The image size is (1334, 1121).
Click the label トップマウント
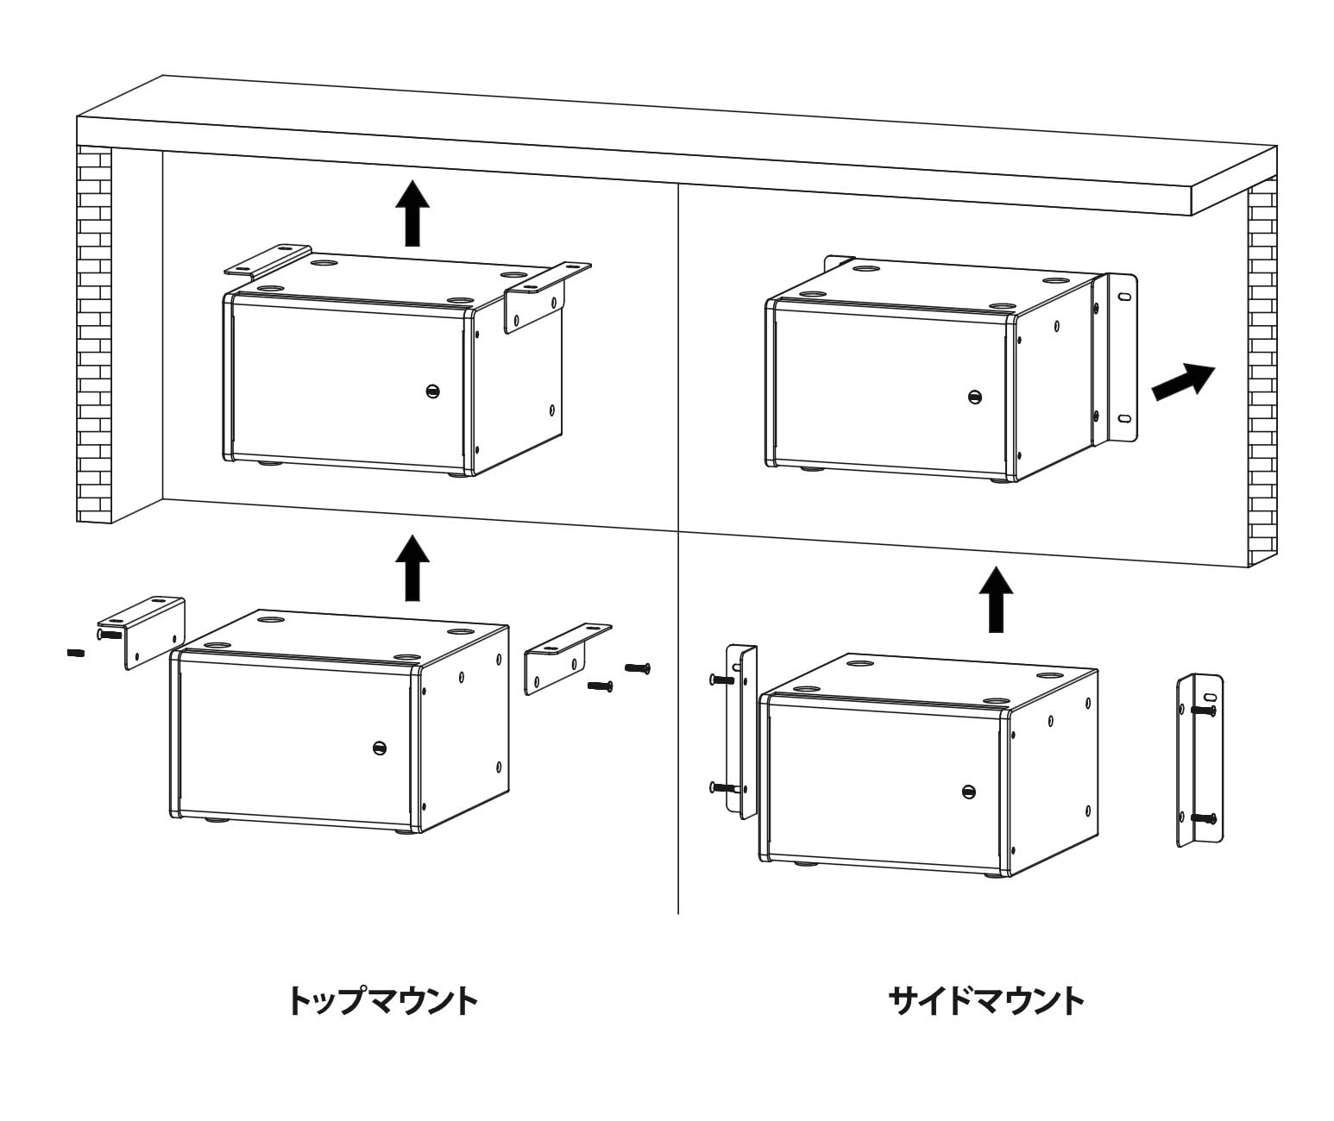pyautogui.click(x=381, y=1001)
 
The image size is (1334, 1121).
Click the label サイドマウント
pyautogui.click(x=985, y=1001)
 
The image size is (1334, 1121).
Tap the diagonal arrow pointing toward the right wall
pyautogui.click(x=1183, y=380)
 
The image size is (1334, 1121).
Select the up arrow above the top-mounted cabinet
pyautogui.click(x=412, y=213)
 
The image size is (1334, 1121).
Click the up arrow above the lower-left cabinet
pyautogui.click(x=412, y=567)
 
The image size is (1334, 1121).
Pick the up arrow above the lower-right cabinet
pyautogui.click(x=997, y=599)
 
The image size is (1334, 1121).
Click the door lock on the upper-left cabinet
pyautogui.click(x=432, y=391)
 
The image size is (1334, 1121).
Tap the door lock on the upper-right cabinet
pyautogui.click(x=974, y=397)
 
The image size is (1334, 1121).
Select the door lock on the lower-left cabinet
pyautogui.click(x=378, y=748)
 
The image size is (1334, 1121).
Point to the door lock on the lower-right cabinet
pyautogui.click(x=969, y=791)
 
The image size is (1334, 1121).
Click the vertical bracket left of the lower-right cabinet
pyautogui.click(x=740, y=729)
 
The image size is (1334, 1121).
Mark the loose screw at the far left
pyautogui.click(x=74, y=653)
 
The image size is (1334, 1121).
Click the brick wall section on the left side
pyautogui.click(x=94, y=336)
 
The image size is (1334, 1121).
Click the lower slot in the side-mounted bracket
pyautogui.click(x=1124, y=419)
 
